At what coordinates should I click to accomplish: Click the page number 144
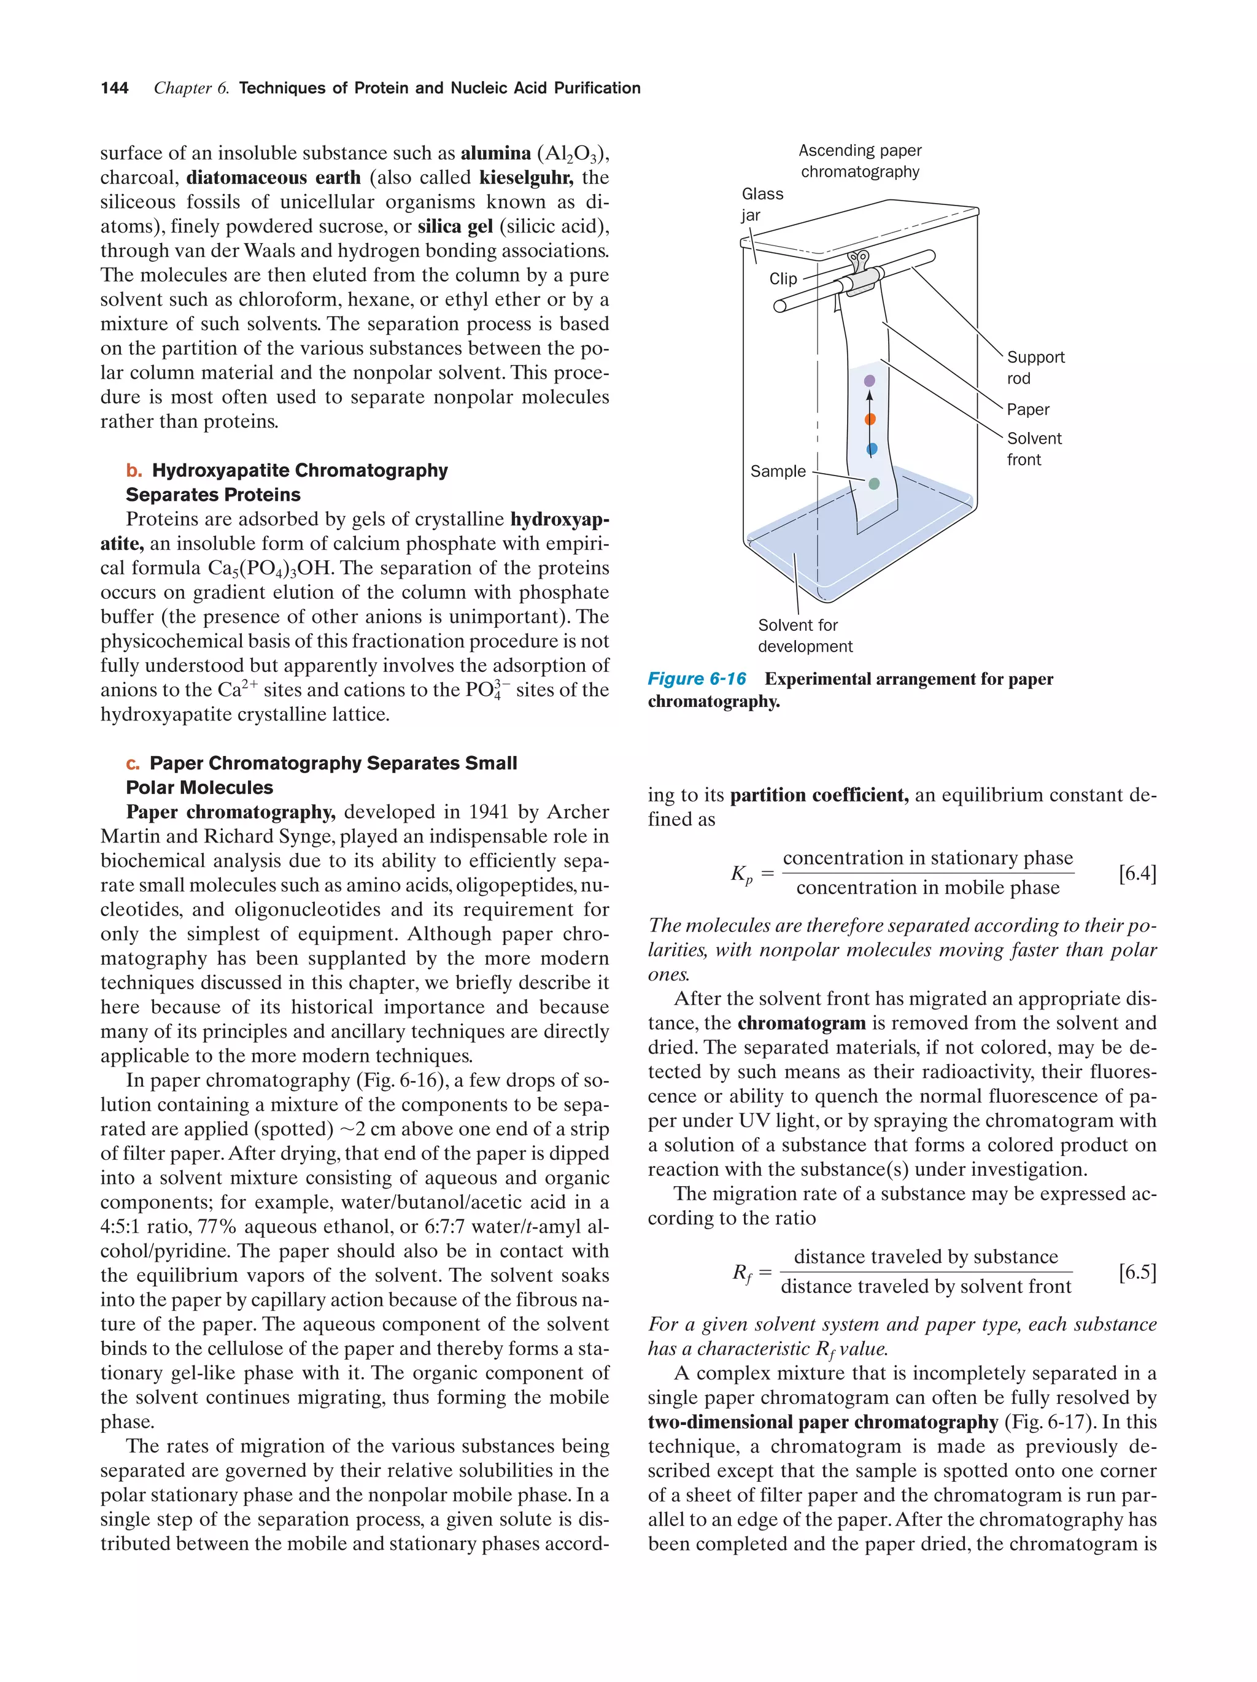[x=114, y=88]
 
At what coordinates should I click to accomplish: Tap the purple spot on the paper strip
[x=870, y=380]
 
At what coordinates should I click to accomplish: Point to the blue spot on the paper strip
[x=872, y=449]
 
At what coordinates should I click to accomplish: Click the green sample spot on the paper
[x=874, y=484]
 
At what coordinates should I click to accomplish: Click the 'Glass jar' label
[x=761, y=204]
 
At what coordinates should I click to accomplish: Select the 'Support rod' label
[x=1035, y=368]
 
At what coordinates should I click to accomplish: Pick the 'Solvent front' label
[x=1034, y=449]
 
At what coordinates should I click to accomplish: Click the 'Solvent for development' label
[x=805, y=636]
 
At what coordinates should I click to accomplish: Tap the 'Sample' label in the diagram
[x=777, y=471]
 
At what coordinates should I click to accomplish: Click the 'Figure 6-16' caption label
[x=697, y=679]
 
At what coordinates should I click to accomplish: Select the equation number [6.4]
[x=1137, y=874]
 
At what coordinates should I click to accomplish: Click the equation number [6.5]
[x=1137, y=1272]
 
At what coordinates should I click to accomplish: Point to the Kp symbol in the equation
[x=741, y=875]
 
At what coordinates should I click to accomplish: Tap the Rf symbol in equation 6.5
[x=742, y=1274]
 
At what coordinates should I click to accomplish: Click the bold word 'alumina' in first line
[x=495, y=153]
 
